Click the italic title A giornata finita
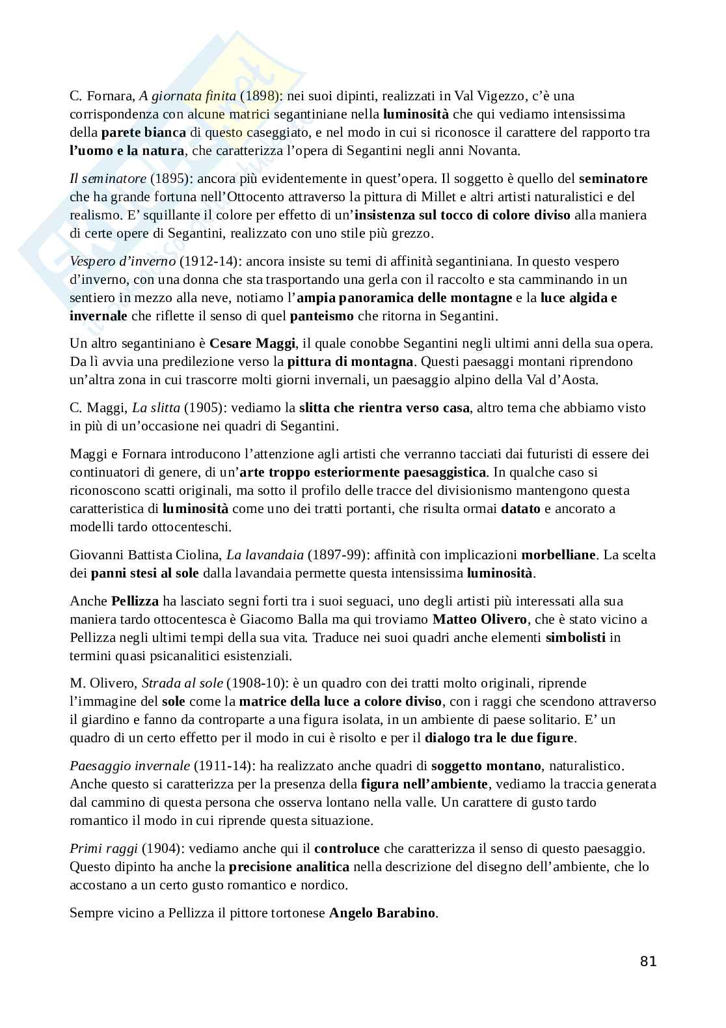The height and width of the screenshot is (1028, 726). click(x=187, y=96)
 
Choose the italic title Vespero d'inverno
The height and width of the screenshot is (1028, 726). click(x=122, y=261)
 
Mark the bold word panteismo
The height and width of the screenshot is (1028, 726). click(x=321, y=316)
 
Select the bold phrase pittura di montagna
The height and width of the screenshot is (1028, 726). click(x=350, y=361)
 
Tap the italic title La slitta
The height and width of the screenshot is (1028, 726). click(x=156, y=408)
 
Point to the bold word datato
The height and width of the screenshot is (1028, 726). click(x=520, y=508)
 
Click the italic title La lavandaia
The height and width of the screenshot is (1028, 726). click(x=265, y=555)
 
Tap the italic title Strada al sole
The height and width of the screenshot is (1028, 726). click(x=182, y=683)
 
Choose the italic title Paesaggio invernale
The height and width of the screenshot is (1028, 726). click(x=129, y=766)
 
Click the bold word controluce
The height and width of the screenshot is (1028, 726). click(x=347, y=848)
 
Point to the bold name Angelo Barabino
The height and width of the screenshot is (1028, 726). click(x=382, y=912)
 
